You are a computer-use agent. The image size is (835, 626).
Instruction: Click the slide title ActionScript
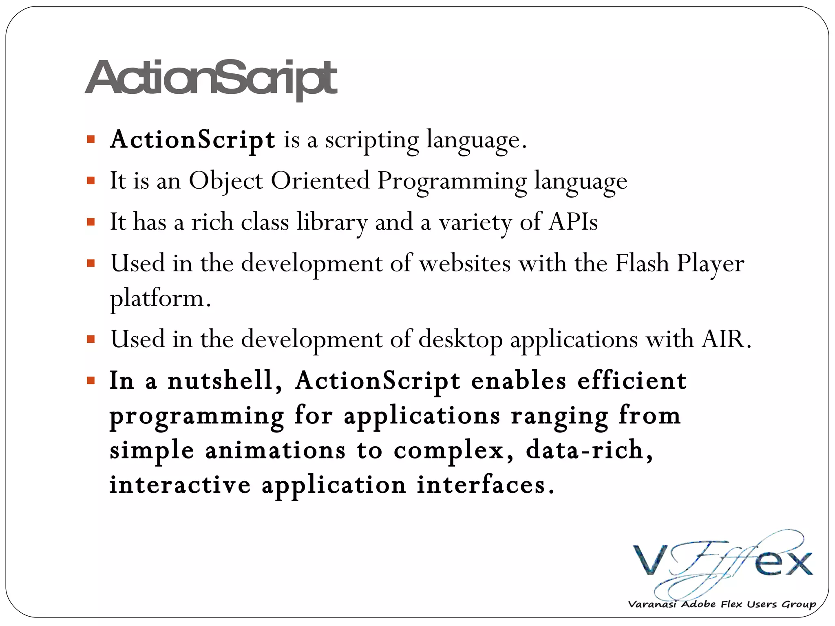point(211,78)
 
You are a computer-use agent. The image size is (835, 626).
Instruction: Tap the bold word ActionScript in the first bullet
point(192,140)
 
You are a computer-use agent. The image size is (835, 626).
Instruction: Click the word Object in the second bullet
point(225,181)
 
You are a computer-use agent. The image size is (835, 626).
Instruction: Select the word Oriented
point(320,181)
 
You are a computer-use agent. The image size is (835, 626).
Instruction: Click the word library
point(332,223)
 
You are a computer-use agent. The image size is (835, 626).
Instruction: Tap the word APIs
point(573,222)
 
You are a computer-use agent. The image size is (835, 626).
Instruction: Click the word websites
point(465,263)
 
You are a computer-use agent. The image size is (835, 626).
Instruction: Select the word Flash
point(642,263)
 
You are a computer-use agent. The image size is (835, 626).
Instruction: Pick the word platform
point(160,298)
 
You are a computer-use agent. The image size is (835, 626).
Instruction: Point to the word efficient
point(632,381)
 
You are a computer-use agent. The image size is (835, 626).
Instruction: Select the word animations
point(275,451)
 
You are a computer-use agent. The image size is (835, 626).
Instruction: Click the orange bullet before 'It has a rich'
point(91,222)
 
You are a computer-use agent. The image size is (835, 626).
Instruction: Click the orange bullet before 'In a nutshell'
point(91,381)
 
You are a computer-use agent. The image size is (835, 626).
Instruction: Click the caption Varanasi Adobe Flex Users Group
point(722,604)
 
